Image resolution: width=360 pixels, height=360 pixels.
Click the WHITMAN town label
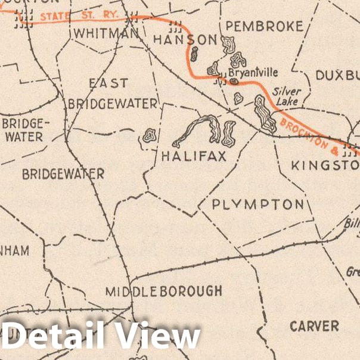pyautogui.click(x=105, y=33)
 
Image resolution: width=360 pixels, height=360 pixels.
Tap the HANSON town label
pyautogui.click(x=185, y=40)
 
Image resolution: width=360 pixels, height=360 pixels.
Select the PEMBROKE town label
pyautogui.click(x=265, y=26)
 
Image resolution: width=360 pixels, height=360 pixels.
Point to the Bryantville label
pyautogui.click(x=254, y=72)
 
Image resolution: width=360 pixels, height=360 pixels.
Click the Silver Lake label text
pyautogui.click(x=287, y=97)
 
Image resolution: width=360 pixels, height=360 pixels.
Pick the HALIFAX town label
pyautogui.click(x=194, y=157)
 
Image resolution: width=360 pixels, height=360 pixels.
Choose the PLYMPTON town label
pyautogui.click(x=257, y=204)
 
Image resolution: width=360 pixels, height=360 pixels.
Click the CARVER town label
pyautogui.click(x=314, y=326)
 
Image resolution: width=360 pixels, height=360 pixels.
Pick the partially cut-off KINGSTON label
pyautogui.click(x=325, y=165)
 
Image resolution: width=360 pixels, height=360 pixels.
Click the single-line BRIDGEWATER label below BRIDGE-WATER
pyautogui.click(x=63, y=174)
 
